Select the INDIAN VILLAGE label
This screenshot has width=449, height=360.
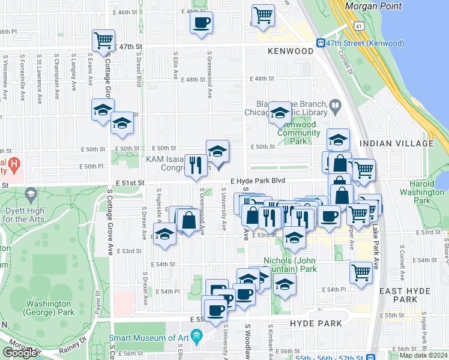click(x=396, y=143)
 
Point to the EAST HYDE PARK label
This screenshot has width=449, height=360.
click(x=406, y=295)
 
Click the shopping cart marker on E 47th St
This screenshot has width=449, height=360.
click(x=103, y=41)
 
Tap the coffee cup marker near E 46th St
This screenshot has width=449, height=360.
click(x=201, y=23)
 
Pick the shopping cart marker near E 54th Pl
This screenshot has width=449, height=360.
click(x=361, y=272)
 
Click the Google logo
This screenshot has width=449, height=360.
click(x=19, y=353)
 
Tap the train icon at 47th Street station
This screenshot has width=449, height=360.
click(x=321, y=43)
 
